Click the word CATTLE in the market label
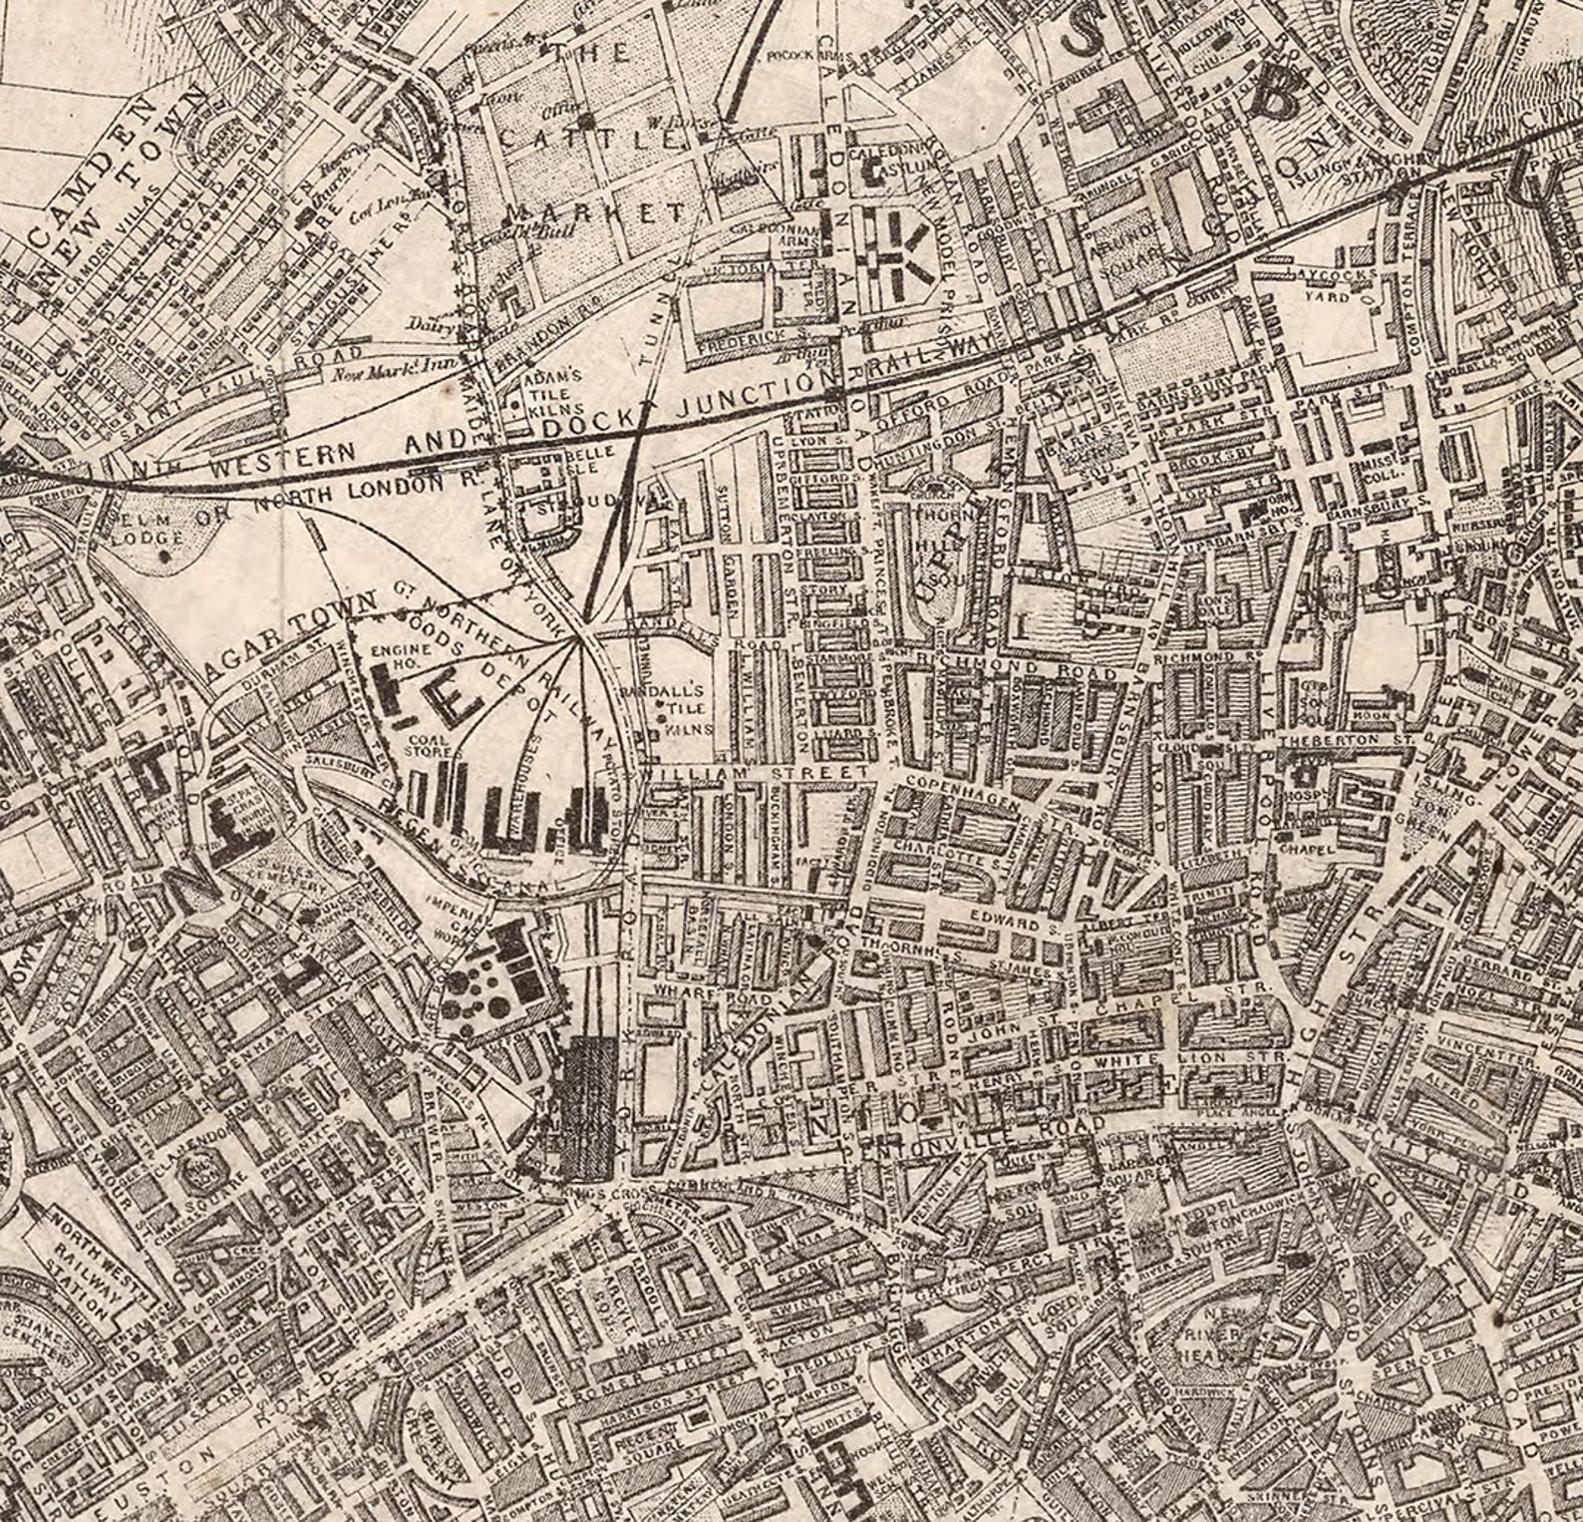point(589,141)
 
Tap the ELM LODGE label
point(150,529)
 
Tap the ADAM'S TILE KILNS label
point(552,394)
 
